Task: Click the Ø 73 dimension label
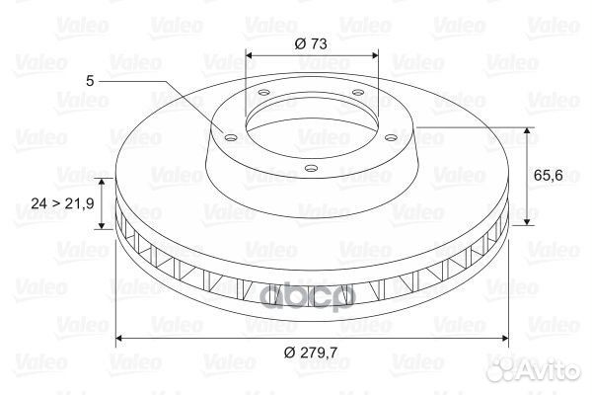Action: [311, 43]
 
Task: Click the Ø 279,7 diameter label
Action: [311, 353]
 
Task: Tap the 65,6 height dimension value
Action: [549, 175]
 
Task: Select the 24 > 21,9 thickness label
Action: [62, 203]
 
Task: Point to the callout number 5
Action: [90, 81]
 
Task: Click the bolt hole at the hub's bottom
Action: [311, 168]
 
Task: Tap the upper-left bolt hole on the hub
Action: [263, 92]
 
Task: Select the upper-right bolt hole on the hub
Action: [357, 92]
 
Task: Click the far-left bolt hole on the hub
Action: [230, 137]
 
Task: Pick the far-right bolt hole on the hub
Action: [392, 137]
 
